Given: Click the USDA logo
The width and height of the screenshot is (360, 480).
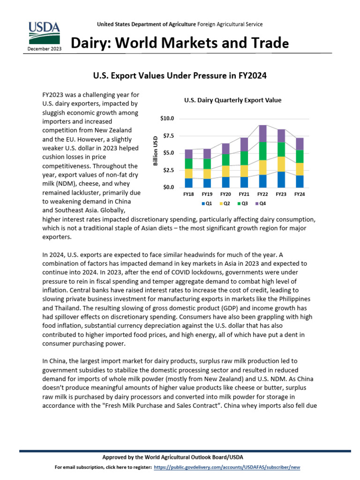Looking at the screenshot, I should point(44,33).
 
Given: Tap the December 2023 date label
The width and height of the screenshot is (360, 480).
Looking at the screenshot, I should point(44,49).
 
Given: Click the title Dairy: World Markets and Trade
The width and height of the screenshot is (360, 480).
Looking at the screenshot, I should point(180,44).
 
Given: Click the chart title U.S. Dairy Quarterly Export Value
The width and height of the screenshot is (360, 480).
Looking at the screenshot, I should point(232,100).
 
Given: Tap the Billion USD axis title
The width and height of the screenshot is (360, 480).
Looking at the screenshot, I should point(155,150).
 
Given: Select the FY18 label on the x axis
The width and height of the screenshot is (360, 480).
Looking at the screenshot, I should point(188,194).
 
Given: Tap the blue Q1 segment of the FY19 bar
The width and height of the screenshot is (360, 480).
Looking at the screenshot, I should point(207,183).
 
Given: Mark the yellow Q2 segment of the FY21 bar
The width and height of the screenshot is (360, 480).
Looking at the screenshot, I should point(244,171).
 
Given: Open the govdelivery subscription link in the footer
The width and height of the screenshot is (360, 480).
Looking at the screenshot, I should point(226,468).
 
